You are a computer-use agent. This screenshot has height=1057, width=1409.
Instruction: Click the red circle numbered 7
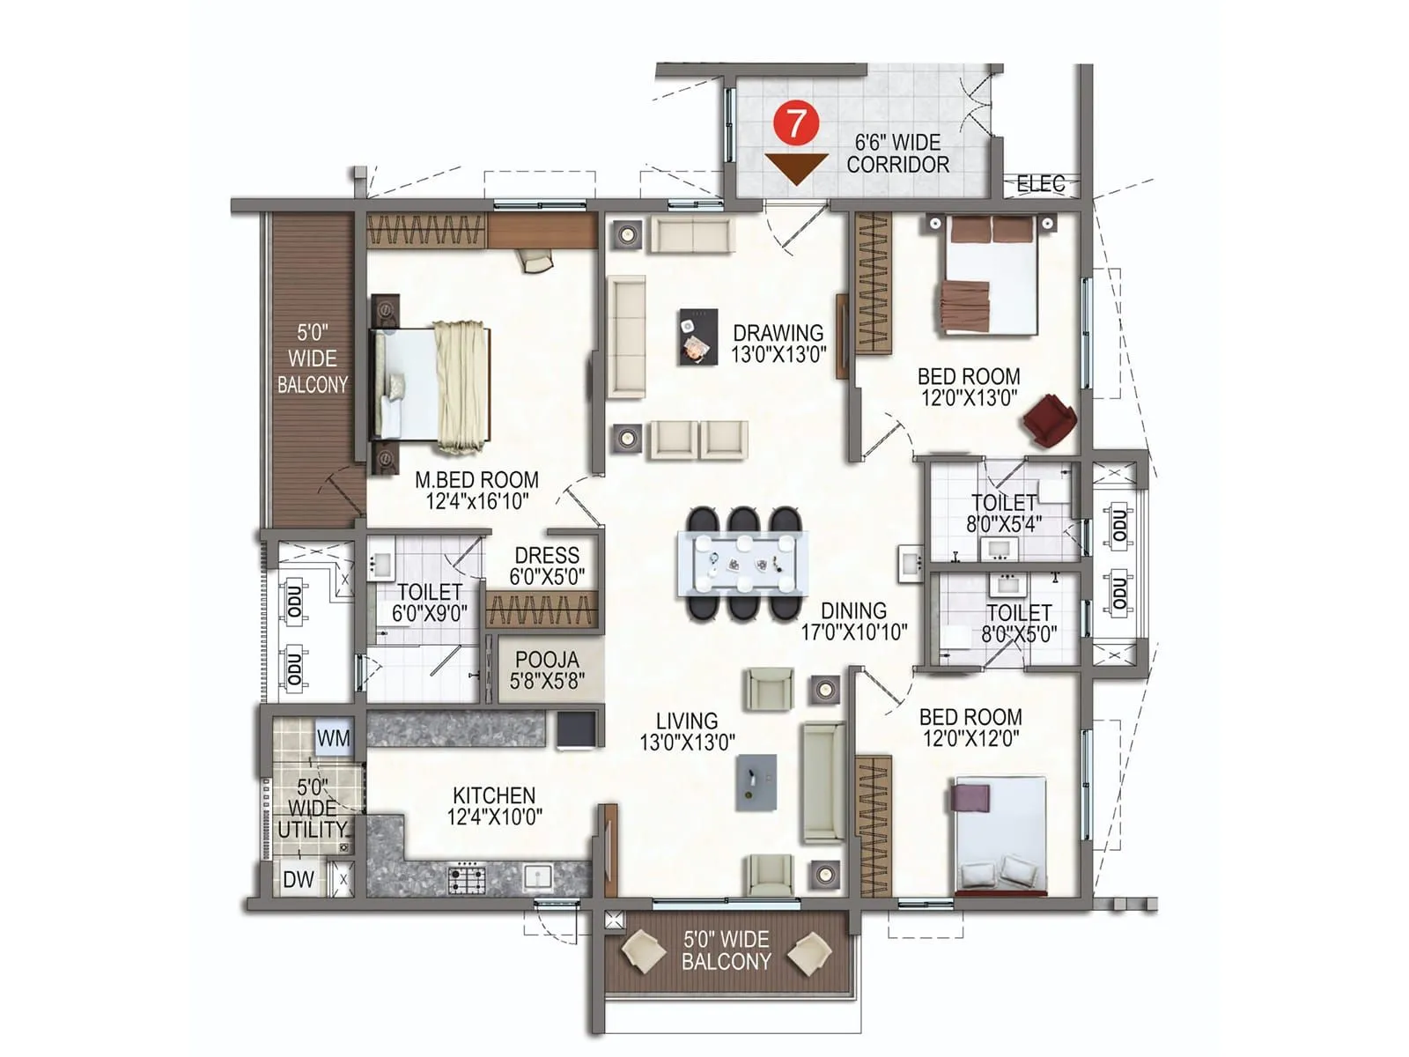(x=795, y=123)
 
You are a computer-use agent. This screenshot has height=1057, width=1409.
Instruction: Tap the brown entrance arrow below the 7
(x=795, y=166)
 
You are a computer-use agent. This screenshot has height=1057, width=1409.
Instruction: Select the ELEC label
(x=1040, y=184)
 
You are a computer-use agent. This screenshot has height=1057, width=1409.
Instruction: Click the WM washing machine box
(x=333, y=738)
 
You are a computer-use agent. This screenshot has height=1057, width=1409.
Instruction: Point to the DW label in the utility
(x=298, y=879)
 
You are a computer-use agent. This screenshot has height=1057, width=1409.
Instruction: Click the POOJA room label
(x=547, y=669)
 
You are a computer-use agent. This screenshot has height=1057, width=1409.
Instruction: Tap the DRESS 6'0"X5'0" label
(x=547, y=565)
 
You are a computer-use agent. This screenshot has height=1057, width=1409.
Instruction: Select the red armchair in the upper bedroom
(x=1049, y=420)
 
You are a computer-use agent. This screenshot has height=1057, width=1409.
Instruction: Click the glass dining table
(x=742, y=564)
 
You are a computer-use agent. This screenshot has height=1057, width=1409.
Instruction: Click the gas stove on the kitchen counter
(x=467, y=878)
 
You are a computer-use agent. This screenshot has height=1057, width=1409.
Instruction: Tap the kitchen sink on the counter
(x=536, y=876)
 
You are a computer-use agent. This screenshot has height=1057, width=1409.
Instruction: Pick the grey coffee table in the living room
(x=756, y=782)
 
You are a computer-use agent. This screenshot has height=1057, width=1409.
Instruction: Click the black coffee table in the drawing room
(x=697, y=336)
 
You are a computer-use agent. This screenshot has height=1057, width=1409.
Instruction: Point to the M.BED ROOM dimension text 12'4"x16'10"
(x=476, y=501)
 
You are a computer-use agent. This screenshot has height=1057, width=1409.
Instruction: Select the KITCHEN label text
(x=493, y=795)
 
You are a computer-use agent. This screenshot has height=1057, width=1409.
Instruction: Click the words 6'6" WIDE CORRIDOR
(x=897, y=153)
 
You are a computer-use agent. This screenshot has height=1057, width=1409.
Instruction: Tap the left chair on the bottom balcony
(x=643, y=953)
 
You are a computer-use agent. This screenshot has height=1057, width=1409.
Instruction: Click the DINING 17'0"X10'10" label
(x=853, y=621)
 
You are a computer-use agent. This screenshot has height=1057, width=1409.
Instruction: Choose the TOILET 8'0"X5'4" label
(x=1003, y=513)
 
